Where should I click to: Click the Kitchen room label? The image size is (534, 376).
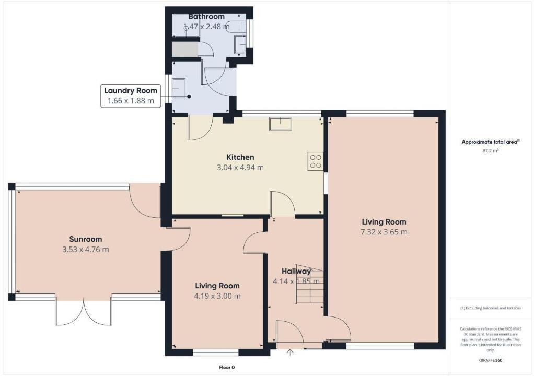[x=240, y=157]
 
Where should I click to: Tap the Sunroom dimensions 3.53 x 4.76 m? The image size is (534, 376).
[x=85, y=250]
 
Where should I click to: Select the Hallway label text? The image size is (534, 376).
[x=296, y=271]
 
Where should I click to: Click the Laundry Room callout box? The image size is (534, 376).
[x=130, y=96]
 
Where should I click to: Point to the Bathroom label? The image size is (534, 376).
[x=206, y=17]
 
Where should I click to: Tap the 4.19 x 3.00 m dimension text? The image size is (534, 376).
[x=217, y=296]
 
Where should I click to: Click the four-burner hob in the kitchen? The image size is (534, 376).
[x=316, y=161]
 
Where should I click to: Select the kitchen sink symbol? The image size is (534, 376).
[x=281, y=124]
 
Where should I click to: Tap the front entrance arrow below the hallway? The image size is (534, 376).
[x=290, y=353]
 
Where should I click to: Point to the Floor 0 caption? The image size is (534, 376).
[x=227, y=368]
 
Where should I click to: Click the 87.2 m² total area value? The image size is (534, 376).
[x=490, y=151]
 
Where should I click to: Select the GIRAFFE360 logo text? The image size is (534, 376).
[x=490, y=360]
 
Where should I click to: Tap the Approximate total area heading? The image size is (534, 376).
[x=490, y=142]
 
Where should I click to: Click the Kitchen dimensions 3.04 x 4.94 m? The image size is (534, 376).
[x=240, y=168]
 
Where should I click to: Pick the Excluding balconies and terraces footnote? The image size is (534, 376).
[x=490, y=308]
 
